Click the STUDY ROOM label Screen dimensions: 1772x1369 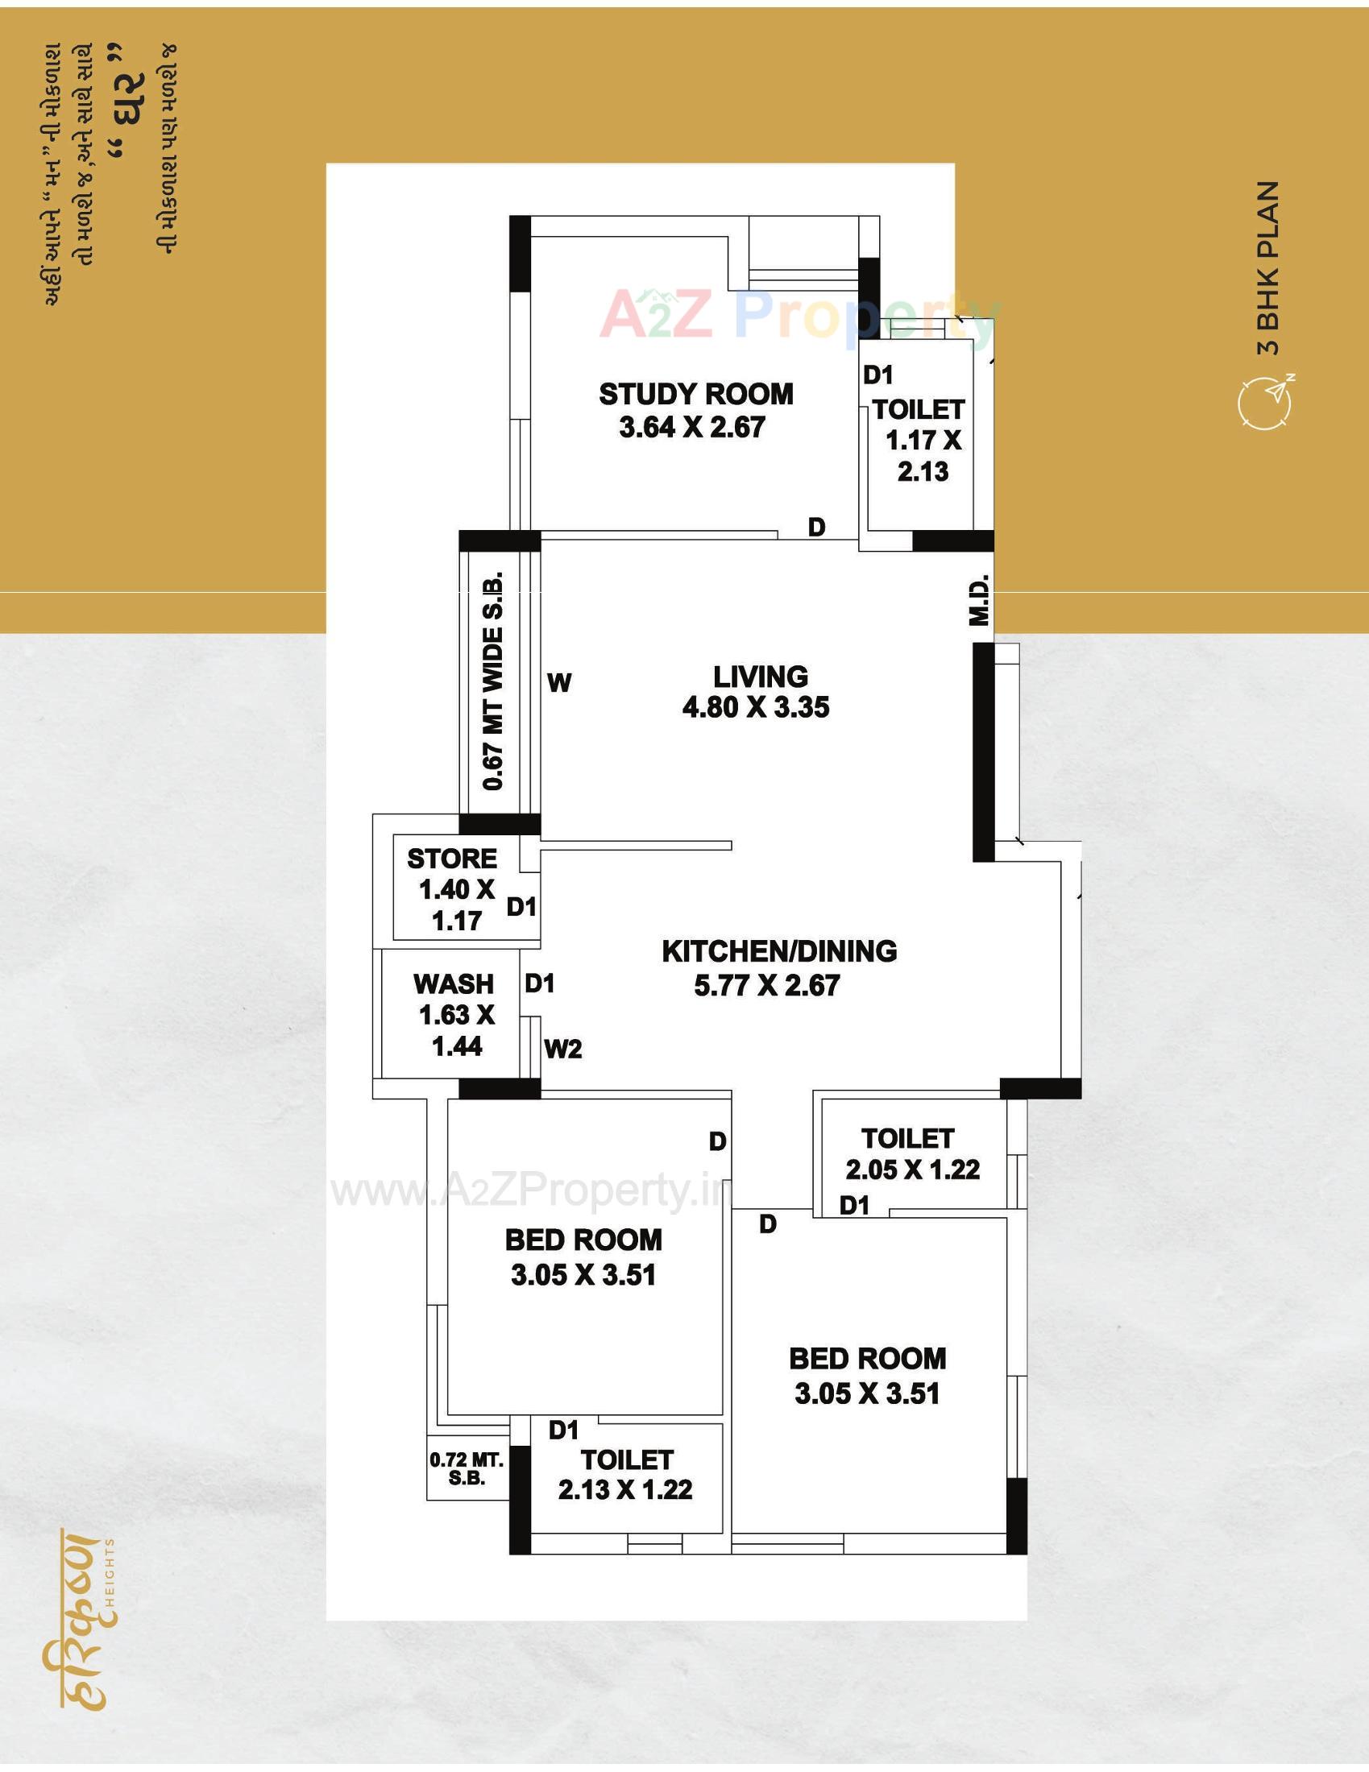695,395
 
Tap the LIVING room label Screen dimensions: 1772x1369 761,677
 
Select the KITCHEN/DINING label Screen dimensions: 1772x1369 779,951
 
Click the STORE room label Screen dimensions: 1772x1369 452,859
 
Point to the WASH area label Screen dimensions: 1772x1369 454,984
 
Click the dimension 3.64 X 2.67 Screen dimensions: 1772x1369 692,428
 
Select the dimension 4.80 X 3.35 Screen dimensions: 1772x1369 756,707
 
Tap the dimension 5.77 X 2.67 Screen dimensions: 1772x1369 767,986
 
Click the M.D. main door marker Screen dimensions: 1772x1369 980,600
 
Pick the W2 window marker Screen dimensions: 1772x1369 563,1050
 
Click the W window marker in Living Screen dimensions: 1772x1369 559,683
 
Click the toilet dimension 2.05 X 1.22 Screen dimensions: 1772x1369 912,1170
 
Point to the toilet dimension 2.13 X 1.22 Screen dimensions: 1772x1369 624,1489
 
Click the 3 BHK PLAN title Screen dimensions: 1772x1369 1267,267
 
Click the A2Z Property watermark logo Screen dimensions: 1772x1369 799,317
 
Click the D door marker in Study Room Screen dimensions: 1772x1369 816,528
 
